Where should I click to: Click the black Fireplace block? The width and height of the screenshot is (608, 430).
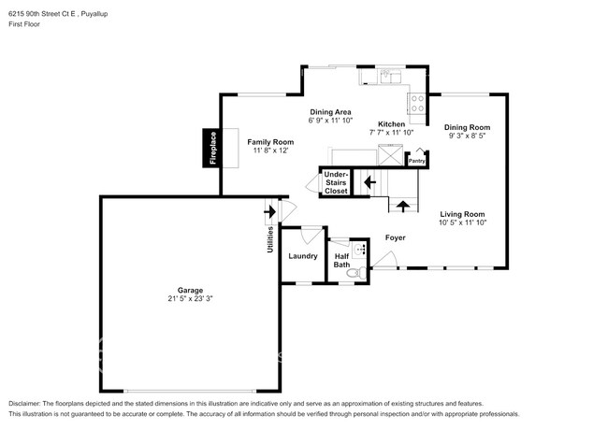point(211,148)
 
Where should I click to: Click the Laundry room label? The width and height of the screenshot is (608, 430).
point(302,256)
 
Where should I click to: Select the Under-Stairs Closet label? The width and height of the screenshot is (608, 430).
point(335,182)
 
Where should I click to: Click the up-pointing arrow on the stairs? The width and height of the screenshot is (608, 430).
point(403,205)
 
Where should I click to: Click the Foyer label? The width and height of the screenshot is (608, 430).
point(395,238)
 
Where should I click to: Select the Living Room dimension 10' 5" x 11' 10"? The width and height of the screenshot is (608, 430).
point(462,222)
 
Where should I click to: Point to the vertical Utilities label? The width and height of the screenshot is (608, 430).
point(270,239)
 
